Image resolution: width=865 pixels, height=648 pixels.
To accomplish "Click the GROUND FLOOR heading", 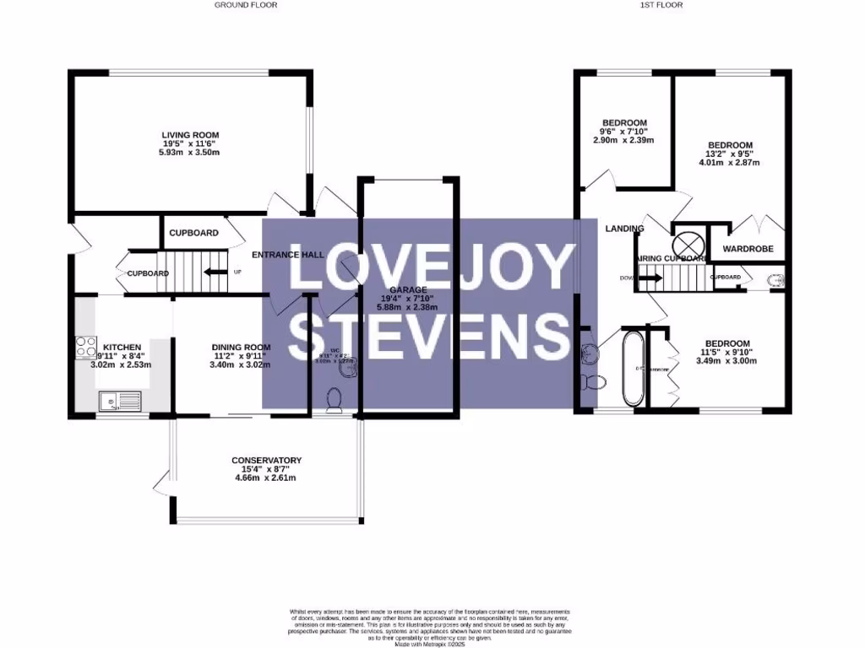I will (245, 5).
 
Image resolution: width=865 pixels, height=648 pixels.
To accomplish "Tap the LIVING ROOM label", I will (191, 134).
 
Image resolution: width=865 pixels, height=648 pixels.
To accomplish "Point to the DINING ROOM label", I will (241, 347).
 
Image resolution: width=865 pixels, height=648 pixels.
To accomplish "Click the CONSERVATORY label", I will (266, 460).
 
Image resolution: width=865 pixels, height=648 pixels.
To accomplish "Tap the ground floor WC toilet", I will (335, 399).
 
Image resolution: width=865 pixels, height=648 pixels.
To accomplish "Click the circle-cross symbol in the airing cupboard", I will (685, 239).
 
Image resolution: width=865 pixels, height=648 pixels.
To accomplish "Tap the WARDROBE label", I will (742, 249).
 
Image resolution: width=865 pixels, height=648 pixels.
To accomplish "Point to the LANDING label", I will (624, 229).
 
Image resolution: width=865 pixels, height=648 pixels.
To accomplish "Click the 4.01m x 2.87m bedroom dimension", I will (729, 163).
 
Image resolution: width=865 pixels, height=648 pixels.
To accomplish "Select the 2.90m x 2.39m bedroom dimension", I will (623, 140).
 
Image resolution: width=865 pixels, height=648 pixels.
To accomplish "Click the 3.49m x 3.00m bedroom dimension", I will (726, 360).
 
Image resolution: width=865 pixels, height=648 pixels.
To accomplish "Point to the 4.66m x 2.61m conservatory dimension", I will (266, 478).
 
